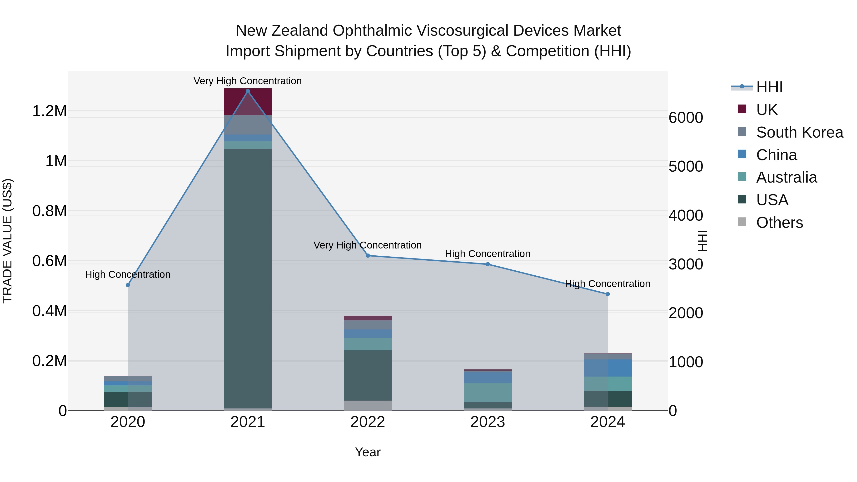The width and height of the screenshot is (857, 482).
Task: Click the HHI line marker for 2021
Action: (x=248, y=91)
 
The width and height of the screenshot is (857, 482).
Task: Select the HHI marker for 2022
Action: (x=368, y=255)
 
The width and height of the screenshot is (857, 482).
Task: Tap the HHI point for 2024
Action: (x=608, y=294)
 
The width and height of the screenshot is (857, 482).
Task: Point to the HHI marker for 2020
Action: (x=128, y=285)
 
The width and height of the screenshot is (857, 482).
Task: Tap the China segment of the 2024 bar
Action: (x=608, y=368)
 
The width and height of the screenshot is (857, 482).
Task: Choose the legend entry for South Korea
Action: (x=799, y=132)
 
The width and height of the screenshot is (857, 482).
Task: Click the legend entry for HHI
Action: (x=769, y=87)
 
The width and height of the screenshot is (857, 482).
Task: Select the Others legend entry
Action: (x=779, y=223)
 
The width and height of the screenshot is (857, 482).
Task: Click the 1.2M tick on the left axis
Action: (x=50, y=111)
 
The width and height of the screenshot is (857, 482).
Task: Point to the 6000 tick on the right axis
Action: (x=686, y=118)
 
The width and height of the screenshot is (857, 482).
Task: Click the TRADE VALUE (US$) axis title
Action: (x=7, y=241)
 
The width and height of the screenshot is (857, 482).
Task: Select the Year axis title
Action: (x=368, y=452)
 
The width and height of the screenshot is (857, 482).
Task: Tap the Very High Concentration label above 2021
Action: (x=248, y=81)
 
